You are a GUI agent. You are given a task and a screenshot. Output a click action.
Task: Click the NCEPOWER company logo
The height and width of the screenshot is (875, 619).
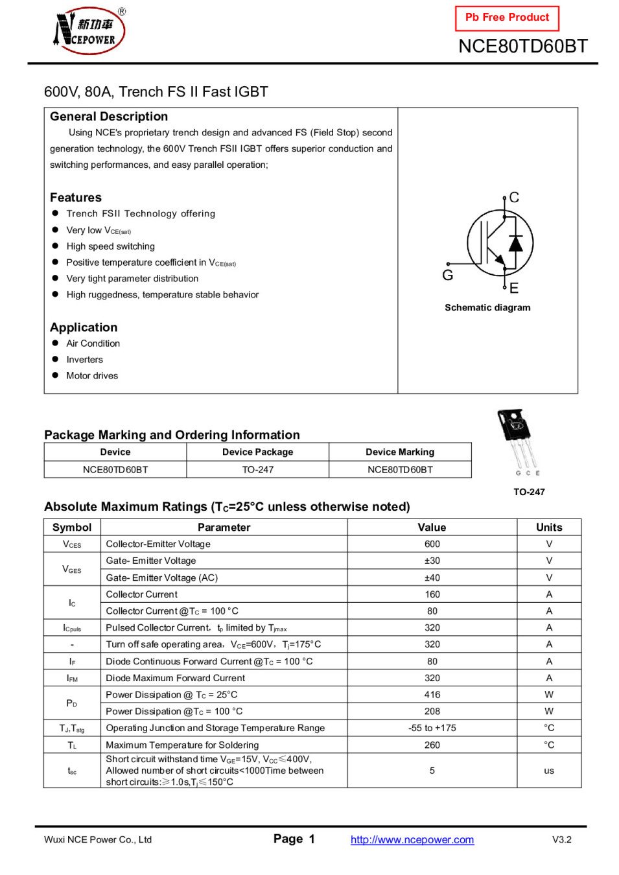pyautogui.click(x=89, y=30)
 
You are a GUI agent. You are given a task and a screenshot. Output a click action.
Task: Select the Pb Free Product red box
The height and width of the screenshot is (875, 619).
pyautogui.click(x=507, y=17)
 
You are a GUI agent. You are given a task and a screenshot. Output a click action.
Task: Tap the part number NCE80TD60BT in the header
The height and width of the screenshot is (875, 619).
pyautogui.click(x=522, y=47)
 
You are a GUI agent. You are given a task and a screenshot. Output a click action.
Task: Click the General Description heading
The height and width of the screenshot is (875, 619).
pyautogui.click(x=109, y=117)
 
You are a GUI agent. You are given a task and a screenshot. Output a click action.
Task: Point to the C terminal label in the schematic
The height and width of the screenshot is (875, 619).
pyautogui.click(x=514, y=198)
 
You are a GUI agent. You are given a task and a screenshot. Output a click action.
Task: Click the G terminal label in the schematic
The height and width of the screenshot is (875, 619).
pyautogui.click(x=447, y=275)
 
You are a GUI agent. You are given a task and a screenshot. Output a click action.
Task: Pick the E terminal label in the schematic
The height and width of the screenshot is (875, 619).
pyautogui.click(x=514, y=288)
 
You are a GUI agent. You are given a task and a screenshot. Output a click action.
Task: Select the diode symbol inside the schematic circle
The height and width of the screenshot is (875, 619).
pyautogui.click(x=516, y=244)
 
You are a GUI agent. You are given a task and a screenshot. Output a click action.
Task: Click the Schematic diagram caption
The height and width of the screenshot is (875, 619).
pyautogui.click(x=487, y=308)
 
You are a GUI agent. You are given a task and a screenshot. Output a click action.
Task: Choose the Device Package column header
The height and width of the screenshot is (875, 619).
pyautogui.click(x=257, y=452)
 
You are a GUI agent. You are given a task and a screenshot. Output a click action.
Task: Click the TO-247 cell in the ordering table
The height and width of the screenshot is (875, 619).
pyautogui.click(x=257, y=470)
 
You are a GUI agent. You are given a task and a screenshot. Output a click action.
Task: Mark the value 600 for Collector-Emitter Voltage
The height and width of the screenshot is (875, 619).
pyautogui.click(x=432, y=544)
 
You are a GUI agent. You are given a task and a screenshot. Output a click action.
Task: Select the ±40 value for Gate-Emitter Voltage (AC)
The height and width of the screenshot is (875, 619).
pyautogui.click(x=432, y=578)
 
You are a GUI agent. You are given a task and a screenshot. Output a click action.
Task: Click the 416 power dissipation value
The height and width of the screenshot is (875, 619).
pyautogui.click(x=432, y=695)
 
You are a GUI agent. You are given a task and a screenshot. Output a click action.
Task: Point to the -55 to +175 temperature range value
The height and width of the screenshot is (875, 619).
pyautogui.click(x=432, y=729)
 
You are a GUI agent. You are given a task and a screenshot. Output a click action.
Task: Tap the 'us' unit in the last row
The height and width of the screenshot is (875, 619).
pyautogui.click(x=549, y=771)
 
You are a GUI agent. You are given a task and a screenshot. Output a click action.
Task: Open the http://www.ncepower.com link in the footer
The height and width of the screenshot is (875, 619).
pyautogui.click(x=412, y=840)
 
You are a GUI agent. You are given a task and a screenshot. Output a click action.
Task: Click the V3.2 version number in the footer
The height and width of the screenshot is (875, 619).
pyautogui.click(x=562, y=840)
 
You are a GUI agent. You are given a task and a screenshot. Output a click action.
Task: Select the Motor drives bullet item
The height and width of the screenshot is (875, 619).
pyautogui.click(x=92, y=376)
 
